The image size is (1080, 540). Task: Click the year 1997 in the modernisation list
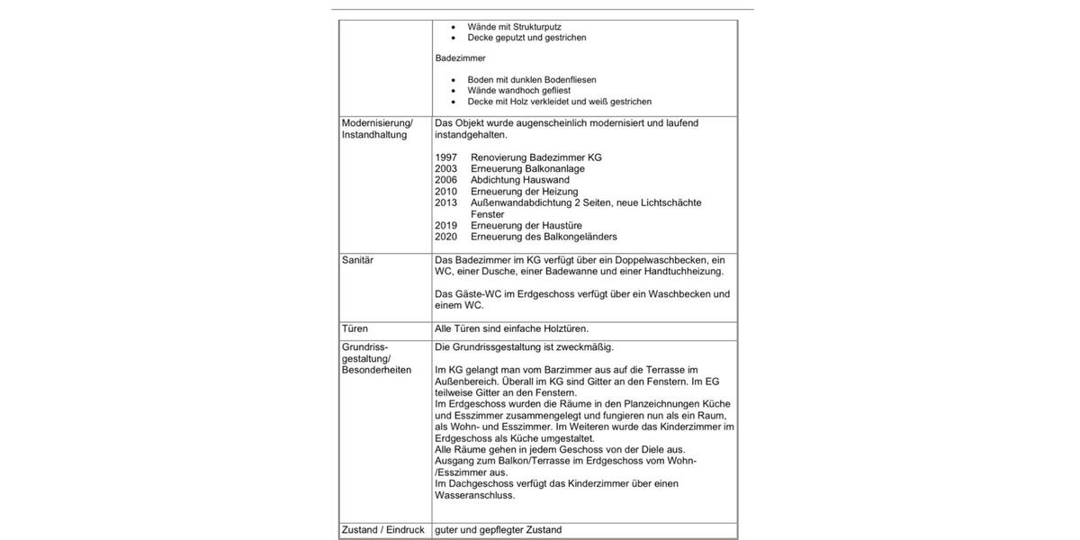tap(445, 157)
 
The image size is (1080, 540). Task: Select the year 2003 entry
tap(445, 169)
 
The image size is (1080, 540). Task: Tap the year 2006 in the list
tap(445, 180)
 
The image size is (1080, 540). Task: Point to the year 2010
tap(445, 192)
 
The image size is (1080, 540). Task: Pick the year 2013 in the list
tap(445, 203)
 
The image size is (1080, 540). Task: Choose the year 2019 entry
tap(445, 226)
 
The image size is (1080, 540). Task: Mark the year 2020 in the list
tap(445, 237)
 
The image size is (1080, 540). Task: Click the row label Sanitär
tap(357, 260)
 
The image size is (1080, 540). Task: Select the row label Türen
tap(355, 329)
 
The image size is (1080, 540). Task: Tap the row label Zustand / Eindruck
tap(382, 530)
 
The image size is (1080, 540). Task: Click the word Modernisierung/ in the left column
tap(377, 123)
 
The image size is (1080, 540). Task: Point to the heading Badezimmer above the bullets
tap(460, 58)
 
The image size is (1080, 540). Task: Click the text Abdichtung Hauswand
tap(519, 180)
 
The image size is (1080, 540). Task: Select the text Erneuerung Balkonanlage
tap(527, 169)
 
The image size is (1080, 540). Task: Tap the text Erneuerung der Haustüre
tap(526, 226)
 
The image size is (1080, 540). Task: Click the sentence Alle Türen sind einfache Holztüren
tap(511, 329)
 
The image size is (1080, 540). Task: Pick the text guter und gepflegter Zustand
tap(498, 530)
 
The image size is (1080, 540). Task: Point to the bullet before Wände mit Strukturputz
tap(454, 27)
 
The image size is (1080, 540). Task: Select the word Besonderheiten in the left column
tap(376, 370)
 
